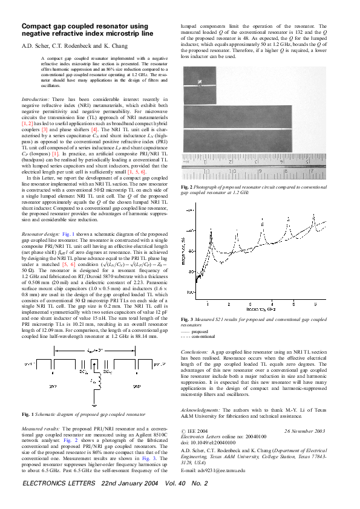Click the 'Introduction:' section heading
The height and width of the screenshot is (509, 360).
[x=36, y=98]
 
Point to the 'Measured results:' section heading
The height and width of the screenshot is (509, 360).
[x=40, y=427]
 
